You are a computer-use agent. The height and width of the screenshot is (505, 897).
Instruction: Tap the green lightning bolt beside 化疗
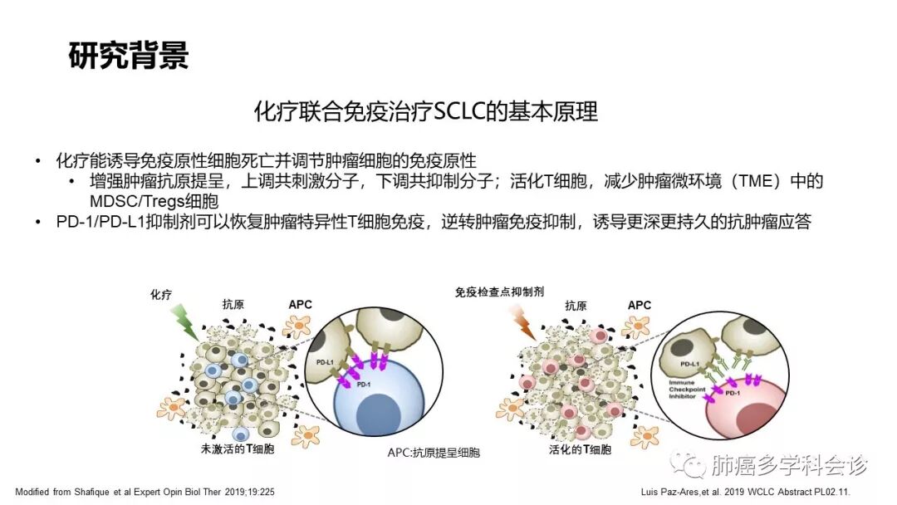pos(184,322)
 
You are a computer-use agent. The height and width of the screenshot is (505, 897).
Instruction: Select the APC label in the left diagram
pos(300,305)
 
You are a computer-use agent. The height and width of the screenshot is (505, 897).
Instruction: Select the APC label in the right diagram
pos(640,305)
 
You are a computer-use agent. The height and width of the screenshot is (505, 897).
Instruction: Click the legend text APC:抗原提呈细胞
pos(434,454)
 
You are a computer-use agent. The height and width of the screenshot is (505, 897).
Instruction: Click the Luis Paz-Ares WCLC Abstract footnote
pos(757,492)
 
